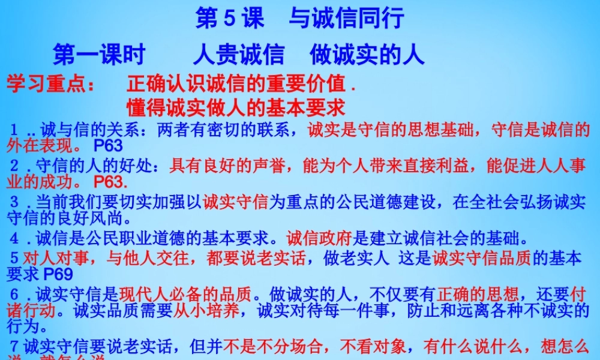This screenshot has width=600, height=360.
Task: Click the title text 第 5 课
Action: (x=230, y=19)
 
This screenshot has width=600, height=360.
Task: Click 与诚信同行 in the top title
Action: (x=346, y=19)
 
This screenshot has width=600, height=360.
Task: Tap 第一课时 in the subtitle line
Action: (x=99, y=55)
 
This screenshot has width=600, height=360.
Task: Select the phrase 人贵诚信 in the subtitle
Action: (x=238, y=55)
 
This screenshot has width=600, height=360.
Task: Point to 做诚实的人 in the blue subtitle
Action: (x=367, y=55)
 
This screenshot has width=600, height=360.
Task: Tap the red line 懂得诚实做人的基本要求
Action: (x=236, y=107)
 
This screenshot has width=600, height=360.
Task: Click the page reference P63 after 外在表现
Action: (x=108, y=145)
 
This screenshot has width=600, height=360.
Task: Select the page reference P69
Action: (x=58, y=275)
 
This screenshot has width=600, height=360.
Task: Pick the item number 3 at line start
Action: (x=15, y=202)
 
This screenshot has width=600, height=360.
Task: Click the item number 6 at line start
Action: (x=15, y=295)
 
